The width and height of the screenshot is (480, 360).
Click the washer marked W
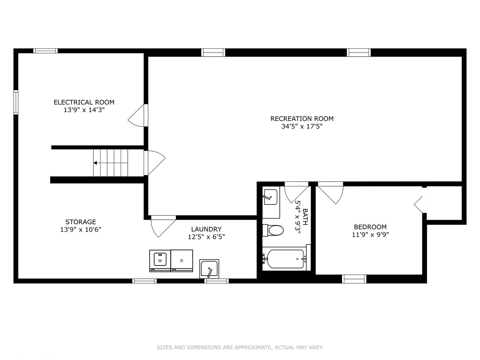(x=160, y=261)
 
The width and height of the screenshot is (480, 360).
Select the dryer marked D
(x=182, y=261)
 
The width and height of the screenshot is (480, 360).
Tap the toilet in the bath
(x=273, y=230)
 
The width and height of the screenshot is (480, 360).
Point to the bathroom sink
(x=271, y=197)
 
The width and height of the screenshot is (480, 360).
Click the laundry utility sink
(x=209, y=269)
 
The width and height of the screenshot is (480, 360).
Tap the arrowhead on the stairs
(x=95, y=163)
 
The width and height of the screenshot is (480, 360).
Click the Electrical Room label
(x=84, y=102)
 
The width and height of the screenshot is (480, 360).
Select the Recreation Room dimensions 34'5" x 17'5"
(x=302, y=126)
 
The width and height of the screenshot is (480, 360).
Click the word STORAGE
(x=81, y=222)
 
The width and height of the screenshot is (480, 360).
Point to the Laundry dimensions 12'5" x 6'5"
(x=206, y=237)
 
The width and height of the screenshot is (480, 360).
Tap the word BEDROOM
(x=370, y=227)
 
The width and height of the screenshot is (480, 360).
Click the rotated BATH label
(x=305, y=217)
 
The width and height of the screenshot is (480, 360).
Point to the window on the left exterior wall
(x=16, y=102)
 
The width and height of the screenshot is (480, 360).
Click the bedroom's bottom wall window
(x=354, y=279)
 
